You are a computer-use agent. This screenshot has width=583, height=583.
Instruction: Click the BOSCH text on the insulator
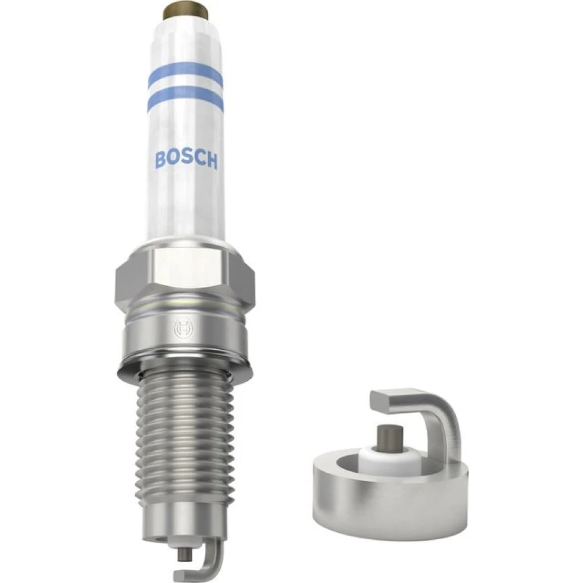coord(187,159)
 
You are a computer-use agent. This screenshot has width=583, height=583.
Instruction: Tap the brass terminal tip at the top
coord(187,8)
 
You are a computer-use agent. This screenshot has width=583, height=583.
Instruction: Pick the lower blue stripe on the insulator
coord(185,100)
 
